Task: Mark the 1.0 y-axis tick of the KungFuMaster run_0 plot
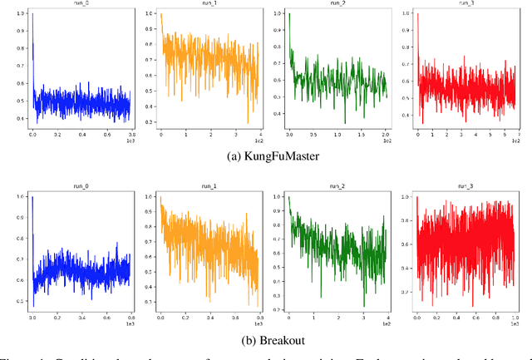19,15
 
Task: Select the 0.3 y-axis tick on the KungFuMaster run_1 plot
150,122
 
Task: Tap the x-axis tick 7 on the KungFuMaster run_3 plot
519,134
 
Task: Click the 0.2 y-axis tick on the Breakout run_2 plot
278,308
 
